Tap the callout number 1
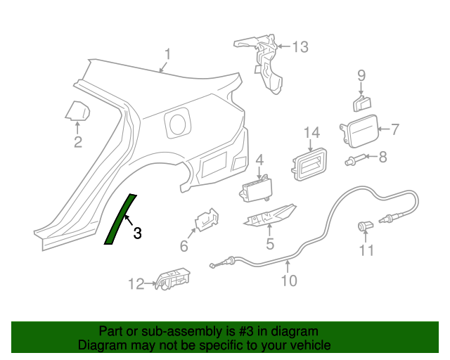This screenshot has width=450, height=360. tap(168, 54)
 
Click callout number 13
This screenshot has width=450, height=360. tap(300, 47)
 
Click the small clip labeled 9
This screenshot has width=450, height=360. tap(361, 103)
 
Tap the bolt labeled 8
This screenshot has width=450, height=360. tap(355, 160)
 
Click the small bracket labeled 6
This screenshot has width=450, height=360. tap(205, 219)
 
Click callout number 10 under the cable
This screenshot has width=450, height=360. tap(288, 281)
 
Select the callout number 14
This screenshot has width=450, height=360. tap(311, 133)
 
